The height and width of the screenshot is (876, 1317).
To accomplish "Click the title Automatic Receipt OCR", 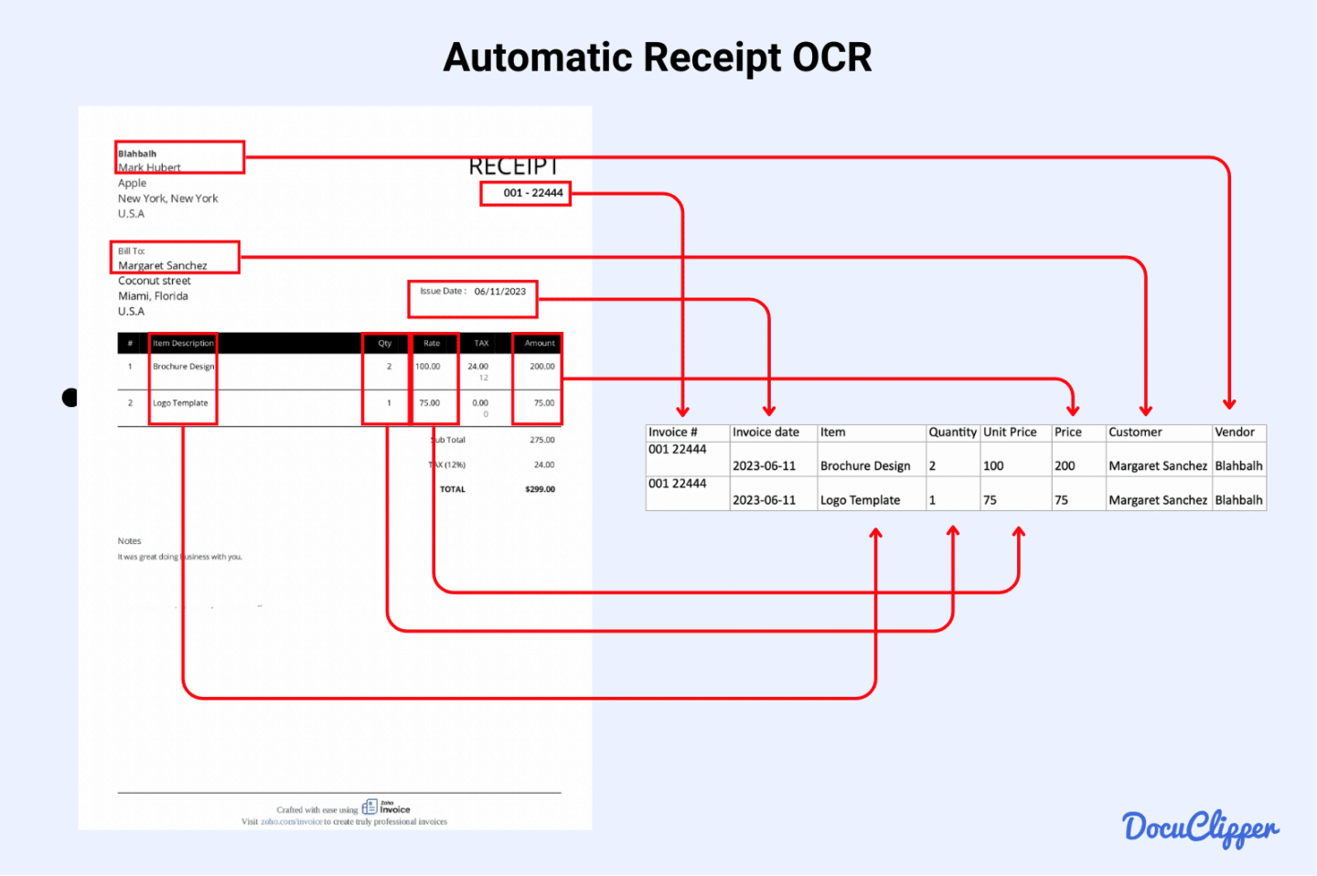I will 658,58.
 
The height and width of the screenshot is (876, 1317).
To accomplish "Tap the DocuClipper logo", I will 1200,828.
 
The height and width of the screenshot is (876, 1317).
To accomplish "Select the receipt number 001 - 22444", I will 533,193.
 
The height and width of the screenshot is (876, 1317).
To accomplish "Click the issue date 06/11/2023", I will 499,292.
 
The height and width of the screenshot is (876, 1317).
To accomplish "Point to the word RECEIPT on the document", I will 513,166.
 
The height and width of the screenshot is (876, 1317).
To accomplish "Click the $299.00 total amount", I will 540,489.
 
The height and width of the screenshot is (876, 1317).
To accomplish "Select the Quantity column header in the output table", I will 952,433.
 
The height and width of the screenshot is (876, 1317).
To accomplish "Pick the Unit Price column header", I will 1010,433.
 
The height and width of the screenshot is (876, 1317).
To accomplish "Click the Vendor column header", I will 1234,433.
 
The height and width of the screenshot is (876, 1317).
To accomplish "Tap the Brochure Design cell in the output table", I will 865,466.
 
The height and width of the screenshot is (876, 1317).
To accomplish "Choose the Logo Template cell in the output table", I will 860,500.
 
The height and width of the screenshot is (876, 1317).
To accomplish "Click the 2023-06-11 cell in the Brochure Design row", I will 764,466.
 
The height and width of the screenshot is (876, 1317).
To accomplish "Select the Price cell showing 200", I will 1065,466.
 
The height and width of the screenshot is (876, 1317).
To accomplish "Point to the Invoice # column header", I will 673,433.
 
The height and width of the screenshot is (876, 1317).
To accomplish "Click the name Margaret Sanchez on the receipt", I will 163,266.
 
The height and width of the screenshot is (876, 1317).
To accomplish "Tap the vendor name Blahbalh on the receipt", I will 137,154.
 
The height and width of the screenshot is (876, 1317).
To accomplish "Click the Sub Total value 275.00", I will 541,440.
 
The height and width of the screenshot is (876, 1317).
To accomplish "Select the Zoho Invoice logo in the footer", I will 386,807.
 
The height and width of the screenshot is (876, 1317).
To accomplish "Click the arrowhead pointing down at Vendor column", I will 1229,403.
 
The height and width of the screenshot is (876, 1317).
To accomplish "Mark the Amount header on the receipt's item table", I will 540,344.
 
